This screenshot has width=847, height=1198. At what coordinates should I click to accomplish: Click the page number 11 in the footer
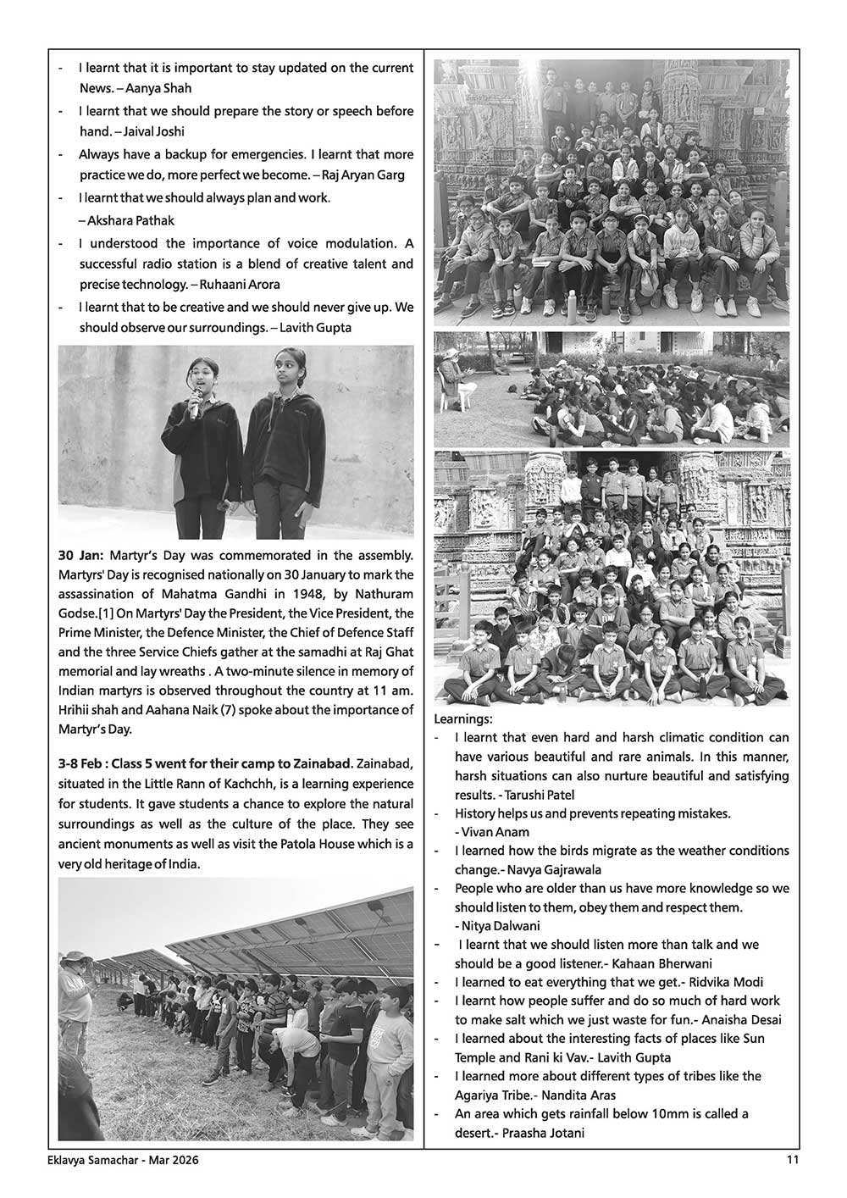tap(793, 1161)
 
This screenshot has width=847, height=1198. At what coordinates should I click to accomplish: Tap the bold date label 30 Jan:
tap(81, 556)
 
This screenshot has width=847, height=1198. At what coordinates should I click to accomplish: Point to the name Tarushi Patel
tap(543, 794)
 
